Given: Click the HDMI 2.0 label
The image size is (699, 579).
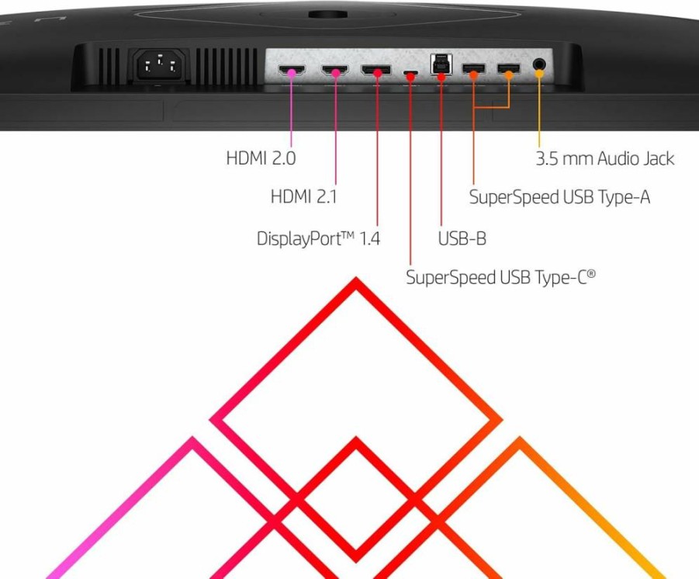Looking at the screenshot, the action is pyautogui.click(x=261, y=158).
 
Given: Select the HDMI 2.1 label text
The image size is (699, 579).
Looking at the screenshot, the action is pyautogui.click(x=303, y=196).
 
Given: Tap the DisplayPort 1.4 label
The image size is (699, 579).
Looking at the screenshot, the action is pyautogui.click(x=318, y=238).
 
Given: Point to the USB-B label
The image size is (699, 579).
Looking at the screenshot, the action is pyautogui.click(x=462, y=238).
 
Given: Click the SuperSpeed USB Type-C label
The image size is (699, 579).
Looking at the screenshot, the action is pyautogui.click(x=500, y=277).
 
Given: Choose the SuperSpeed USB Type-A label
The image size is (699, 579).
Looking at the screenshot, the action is pyautogui.click(x=559, y=197).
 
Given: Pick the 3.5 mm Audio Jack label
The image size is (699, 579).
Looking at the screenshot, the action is pyautogui.click(x=605, y=158).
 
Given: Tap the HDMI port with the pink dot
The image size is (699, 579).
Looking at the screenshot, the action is pyautogui.click(x=292, y=70).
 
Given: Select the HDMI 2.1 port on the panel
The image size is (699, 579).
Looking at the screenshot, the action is pyautogui.click(x=335, y=70).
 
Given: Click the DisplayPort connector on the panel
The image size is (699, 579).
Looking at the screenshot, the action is pyautogui.click(x=376, y=70).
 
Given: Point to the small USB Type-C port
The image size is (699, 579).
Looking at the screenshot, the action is pyautogui.click(x=410, y=72).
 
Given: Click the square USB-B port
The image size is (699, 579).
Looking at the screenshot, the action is pyautogui.click(x=441, y=64).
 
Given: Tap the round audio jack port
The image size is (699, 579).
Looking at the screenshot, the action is pyautogui.click(x=539, y=64).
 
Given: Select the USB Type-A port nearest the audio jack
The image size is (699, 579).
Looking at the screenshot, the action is pyautogui.click(x=509, y=69).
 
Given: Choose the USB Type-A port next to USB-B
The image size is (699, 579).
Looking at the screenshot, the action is pyautogui.click(x=473, y=69).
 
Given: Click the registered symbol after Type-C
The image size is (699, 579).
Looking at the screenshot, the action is pyautogui.click(x=591, y=273).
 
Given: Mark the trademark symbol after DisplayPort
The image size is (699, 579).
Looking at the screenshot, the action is pyautogui.click(x=348, y=234).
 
